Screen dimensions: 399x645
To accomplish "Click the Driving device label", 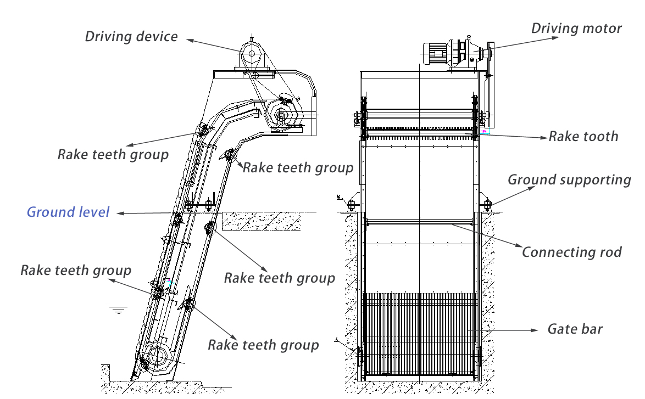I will [131, 37].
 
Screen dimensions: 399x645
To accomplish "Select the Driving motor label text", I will [576, 29].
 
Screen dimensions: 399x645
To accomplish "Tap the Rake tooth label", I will [583, 136].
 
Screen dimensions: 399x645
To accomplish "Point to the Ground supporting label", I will [569, 179].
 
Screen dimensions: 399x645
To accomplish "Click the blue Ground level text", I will [68, 212].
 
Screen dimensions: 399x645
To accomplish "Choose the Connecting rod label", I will [571, 252].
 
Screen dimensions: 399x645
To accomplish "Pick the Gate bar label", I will [575, 329].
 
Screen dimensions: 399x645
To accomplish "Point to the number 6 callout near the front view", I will [336, 340].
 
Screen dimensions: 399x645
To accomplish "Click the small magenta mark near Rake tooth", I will [484, 132].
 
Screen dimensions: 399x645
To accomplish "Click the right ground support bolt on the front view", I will [487, 205].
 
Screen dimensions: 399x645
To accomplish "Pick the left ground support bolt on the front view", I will [351, 205].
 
